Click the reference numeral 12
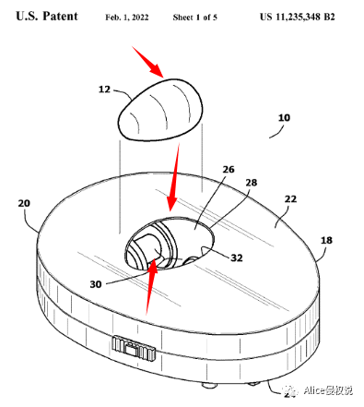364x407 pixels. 104,90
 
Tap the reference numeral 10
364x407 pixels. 284,117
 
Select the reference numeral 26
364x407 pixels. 229,169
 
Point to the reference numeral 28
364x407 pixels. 252,183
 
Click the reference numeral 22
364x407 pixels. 290,199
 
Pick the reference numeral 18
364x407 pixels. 326,240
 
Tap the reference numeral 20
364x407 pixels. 24,203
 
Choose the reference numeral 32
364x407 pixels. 237,257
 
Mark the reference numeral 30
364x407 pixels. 96,284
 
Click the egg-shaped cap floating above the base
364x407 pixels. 160,110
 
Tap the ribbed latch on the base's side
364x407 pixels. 134,348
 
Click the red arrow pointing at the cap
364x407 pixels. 148,62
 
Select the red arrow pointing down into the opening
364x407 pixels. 173,178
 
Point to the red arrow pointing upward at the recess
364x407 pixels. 151,288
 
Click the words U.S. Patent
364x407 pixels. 47,17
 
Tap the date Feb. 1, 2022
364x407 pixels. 127,18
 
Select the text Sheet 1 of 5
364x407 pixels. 195,18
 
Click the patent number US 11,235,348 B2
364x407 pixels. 298,17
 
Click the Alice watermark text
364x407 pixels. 328,390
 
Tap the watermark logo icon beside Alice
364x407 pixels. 290,390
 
